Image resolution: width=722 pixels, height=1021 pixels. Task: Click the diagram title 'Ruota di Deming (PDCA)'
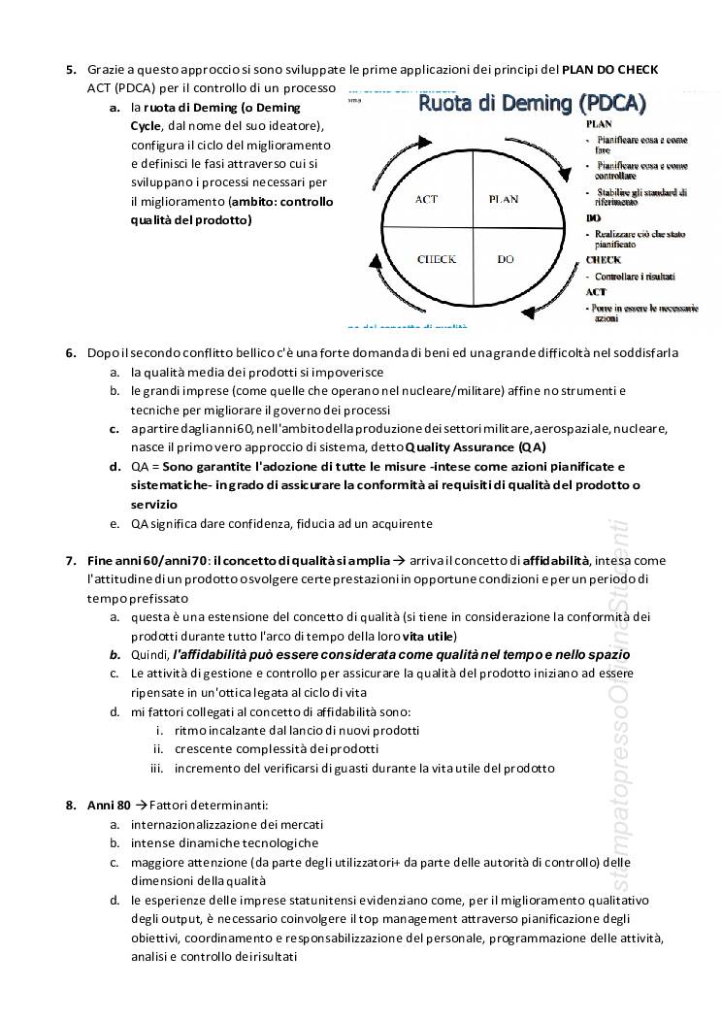[x=532, y=103]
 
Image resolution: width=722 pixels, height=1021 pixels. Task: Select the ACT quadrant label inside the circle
[x=426, y=199]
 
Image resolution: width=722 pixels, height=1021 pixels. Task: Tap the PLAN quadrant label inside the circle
[x=503, y=199]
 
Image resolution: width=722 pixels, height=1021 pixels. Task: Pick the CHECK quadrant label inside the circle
[x=437, y=259]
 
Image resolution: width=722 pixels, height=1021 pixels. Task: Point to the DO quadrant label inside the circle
[x=506, y=259]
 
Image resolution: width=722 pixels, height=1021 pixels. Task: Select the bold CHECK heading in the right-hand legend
[x=604, y=260]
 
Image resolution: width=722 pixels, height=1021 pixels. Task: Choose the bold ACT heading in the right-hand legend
[x=596, y=291]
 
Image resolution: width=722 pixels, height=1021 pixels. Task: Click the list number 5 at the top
[x=71, y=70]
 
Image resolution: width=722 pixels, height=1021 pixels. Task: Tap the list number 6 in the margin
[x=71, y=352]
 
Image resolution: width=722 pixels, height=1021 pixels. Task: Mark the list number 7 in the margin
[x=71, y=560]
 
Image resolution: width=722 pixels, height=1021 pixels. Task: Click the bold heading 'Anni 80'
[x=108, y=806]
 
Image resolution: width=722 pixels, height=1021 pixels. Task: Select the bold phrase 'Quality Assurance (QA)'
[x=476, y=447]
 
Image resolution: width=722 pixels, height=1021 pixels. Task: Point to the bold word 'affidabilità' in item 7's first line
[x=557, y=560]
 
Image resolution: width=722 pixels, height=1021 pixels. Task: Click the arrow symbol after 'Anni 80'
[x=142, y=806]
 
